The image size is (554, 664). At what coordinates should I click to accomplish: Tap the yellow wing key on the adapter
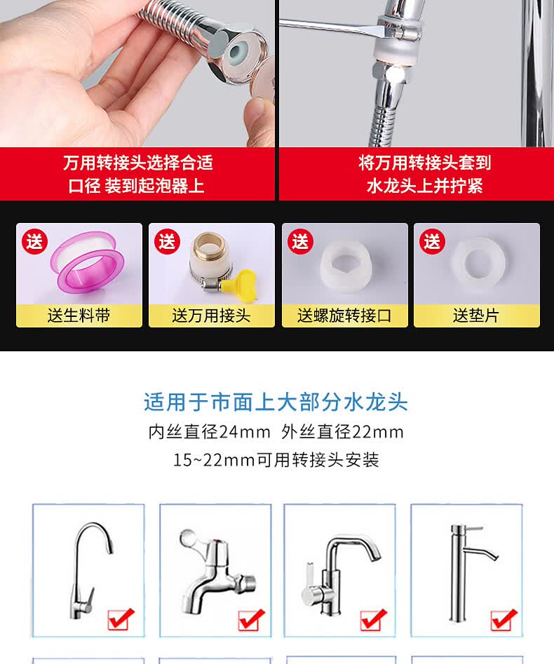pyautogui.click(x=243, y=280)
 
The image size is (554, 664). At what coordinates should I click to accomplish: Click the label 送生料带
pyautogui.click(x=79, y=316)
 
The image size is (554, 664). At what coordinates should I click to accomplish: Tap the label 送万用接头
pyautogui.click(x=211, y=316)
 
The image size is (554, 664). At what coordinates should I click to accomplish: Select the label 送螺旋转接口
pyautogui.click(x=344, y=316)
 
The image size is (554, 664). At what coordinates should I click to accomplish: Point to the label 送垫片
pyautogui.click(x=476, y=316)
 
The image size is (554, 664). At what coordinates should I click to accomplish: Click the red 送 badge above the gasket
pyautogui.click(x=433, y=241)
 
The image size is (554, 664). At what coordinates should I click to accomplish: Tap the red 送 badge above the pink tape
pyautogui.click(x=35, y=241)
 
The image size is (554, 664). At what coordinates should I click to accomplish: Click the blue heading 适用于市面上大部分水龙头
pyautogui.click(x=276, y=402)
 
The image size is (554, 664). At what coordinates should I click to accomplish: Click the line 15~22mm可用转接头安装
pyautogui.click(x=276, y=460)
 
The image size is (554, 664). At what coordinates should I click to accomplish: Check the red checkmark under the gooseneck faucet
pyautogui.click(x=121, y=619)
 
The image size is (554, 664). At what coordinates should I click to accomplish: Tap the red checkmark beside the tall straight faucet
pyautogui.click(x=503, y=619)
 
